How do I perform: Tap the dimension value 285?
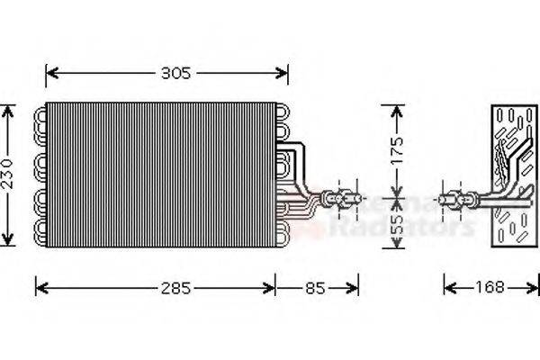click(x=175, y=289)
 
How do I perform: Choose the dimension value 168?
click(x=488, y=289)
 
